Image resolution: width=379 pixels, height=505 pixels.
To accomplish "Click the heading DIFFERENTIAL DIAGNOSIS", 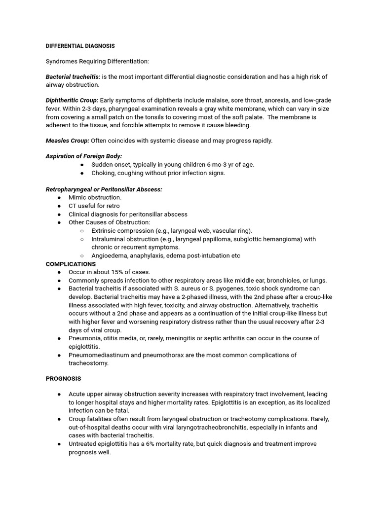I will [80, 46].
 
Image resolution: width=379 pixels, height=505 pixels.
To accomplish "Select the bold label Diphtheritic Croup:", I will [72, 100].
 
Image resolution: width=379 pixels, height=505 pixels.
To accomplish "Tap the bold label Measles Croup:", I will [68, 141].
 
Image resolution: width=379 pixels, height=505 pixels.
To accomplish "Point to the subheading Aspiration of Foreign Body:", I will [84, 156].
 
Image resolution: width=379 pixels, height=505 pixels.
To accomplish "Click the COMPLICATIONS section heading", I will [71, 264].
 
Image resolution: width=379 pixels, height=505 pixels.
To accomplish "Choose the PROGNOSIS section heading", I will [63, 379].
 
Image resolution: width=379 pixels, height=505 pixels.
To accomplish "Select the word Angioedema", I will [110, 255].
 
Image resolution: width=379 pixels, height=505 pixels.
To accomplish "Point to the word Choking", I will [103, 173].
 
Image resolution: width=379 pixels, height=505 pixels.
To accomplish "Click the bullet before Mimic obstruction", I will [59, 197].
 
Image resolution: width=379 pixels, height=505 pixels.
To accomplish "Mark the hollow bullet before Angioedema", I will [82, 255].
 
